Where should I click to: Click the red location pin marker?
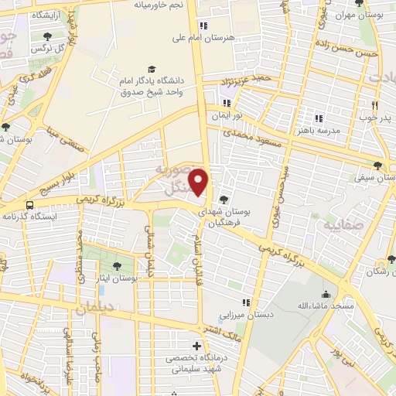[x=199, y=182]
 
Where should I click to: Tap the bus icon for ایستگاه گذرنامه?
[x=29, y=206]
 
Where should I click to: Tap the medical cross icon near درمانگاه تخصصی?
[x=197, y=345]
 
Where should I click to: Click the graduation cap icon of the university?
[x=152, y=68]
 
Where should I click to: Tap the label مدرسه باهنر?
[x=297, y=131]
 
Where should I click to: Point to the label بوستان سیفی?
[x=374, y=177]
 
